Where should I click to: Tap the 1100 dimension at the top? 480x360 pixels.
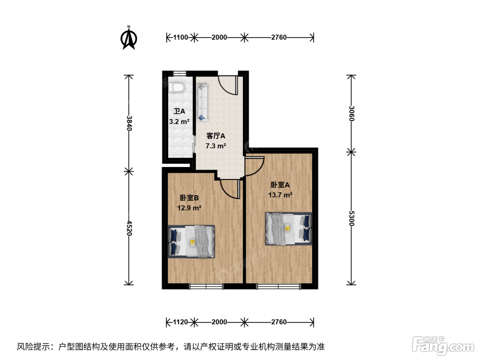pyautogui.click(x=180, y=37)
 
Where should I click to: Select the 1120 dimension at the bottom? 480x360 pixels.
pyautogui.click(x=180, y=322)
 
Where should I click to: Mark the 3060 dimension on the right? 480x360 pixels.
pyautogui.click(x=351, y=113)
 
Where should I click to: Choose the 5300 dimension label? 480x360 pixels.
pyautogui.click(x=351, y=218)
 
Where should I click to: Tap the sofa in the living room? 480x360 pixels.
pyautogui.click(x=202, y=103)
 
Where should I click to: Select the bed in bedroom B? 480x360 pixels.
pyautogui.click(x=191, y=241)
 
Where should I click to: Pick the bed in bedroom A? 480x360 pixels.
pyautogui.click(x=289, y=228)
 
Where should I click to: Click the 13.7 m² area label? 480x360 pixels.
pyautogui.click(x=280, y=195)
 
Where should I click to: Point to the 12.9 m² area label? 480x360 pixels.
pyautogui.click(x=189, y=208)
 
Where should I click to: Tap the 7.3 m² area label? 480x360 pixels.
pyautogui.click(x=216, y=146)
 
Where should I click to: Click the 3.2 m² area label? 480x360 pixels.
pyautogui.click(x=179, y=121)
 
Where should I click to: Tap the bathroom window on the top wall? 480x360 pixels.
pyautogui.click(x=180, y=73)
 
